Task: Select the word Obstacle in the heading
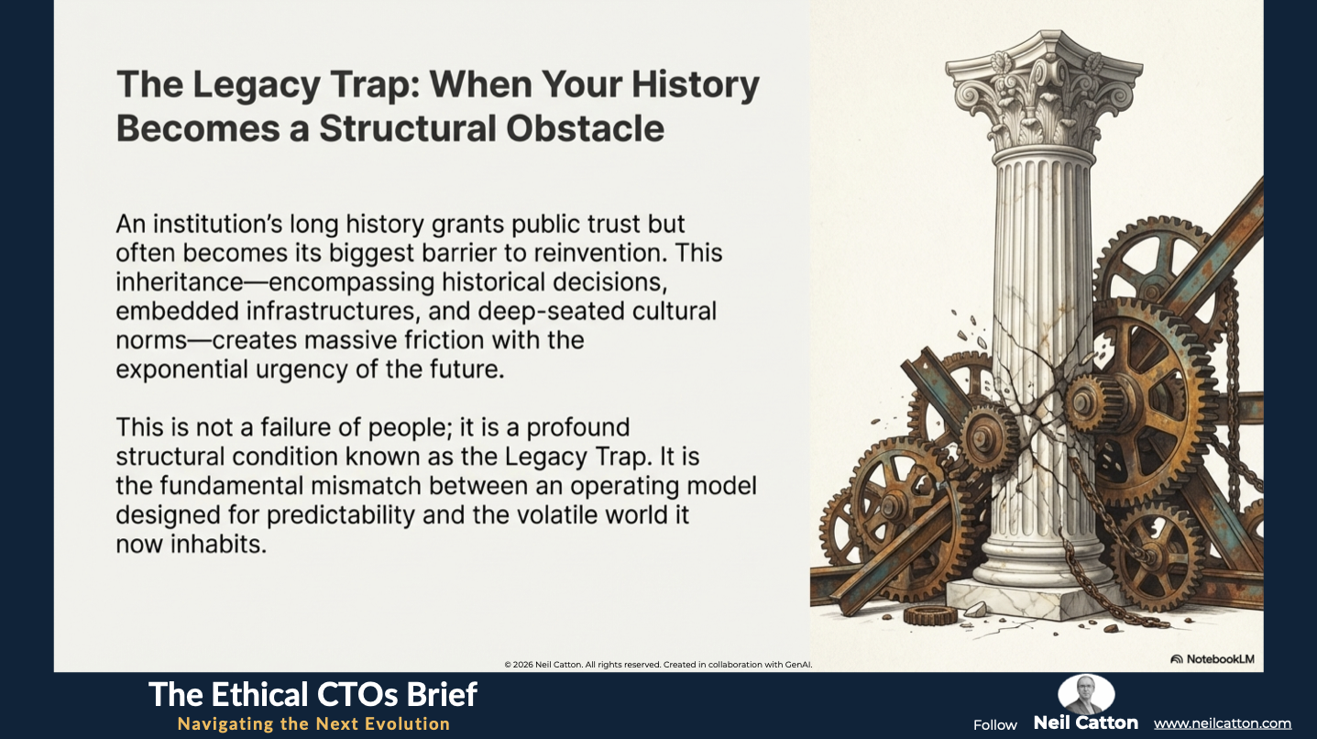585,128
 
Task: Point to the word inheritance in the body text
180,281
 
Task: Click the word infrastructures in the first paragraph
333,311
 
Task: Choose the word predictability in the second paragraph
341,515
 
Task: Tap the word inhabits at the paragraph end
219,545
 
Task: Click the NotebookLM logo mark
1177,659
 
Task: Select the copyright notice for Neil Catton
658,665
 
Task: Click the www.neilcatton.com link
1223,723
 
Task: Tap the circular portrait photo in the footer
1086,695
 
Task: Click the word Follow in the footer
994,725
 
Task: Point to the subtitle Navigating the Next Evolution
313,723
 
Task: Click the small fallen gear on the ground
929,615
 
